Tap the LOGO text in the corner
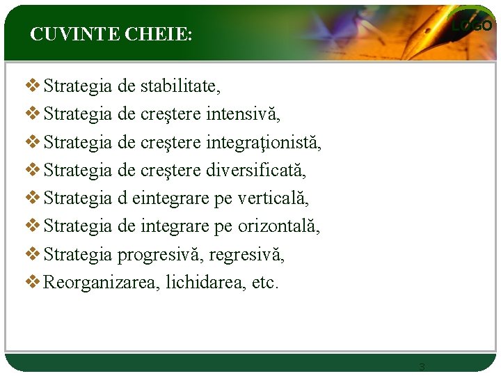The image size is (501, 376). (x=472, y=26)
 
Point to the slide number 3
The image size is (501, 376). (x=422, y=366)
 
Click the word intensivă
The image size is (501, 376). (x=243, y=115)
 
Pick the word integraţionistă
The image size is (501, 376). (x=264, y=143)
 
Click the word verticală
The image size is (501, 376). (x=273, y=198)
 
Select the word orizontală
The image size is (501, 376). (x=279, y=226)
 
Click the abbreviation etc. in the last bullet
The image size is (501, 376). (x=264, y=283)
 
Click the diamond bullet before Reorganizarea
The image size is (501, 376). (x=32, y=282)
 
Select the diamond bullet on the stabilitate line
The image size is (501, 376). (x=32, y=86)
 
